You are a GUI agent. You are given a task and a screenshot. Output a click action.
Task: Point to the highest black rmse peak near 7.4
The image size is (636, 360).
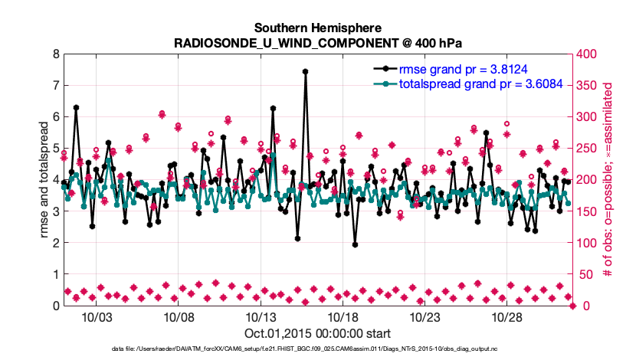tap(305, 71)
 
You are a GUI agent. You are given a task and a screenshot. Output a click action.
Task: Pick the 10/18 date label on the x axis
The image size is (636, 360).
tap(343, 317)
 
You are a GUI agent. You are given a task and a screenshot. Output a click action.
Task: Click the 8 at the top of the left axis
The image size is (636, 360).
tap(55, 54)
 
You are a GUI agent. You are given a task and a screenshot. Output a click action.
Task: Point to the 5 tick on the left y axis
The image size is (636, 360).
tap(55, 149)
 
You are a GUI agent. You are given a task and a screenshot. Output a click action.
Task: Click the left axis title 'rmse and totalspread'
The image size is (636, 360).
tap(43, 180)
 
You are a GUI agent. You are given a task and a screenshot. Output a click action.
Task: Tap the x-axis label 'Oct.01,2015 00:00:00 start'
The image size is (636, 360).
tap(317, 333)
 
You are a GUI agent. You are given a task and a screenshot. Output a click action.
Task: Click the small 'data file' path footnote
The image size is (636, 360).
tap(317, 349)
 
